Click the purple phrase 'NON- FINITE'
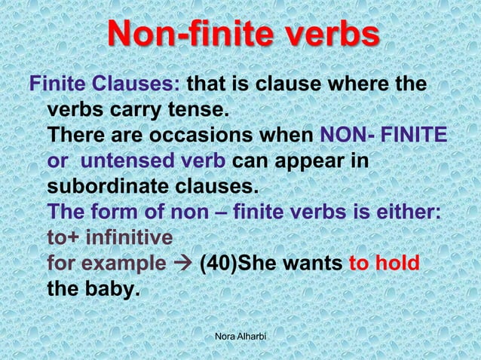[x=384, y=137]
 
